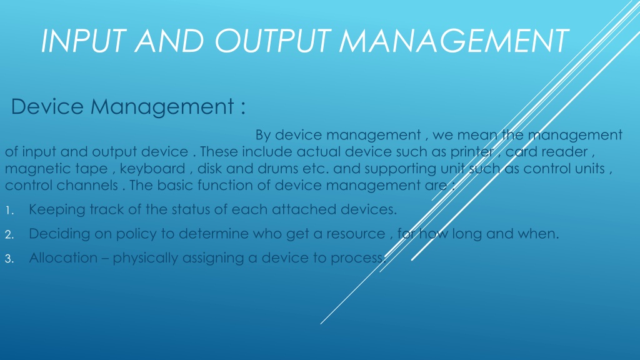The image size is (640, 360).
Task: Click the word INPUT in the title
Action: (83, 41)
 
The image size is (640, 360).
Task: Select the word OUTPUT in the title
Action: (272, 41)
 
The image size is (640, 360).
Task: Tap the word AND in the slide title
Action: (169, 41)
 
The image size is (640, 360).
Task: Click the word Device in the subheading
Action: (47, 106)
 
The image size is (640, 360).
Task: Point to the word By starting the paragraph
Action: (263, 135)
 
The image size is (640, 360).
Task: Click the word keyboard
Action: (152, 169)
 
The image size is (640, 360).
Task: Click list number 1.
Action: (9, 211)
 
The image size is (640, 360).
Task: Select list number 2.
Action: (9, 235)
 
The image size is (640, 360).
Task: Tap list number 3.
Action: (9, 259)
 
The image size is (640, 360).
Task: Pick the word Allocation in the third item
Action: (63, 258)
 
